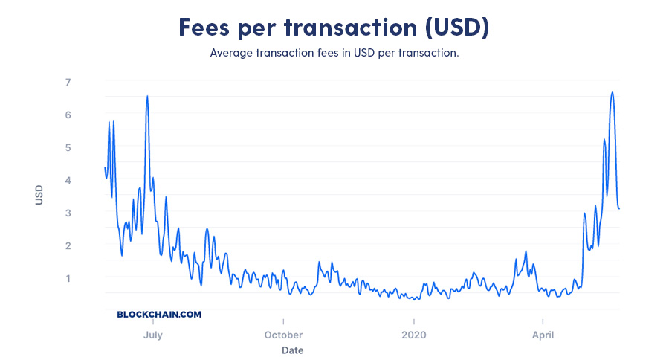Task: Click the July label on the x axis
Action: pyautogui.click(x=152, y=335)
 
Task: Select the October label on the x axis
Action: pyautogui.click(x=282, y=335)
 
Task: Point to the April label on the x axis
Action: pyautogui.click(x=543, y=335)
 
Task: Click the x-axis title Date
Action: pyautogui.click(x=292, y=350)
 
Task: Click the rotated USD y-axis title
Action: pyautogui.click(x=39, y=195)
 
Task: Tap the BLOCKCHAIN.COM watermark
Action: pyautogui.click(x=159, y=315)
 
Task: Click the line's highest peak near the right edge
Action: pyautogui.click(x=612, y=92)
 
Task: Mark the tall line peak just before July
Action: pyautogui.click(x=147, y=96)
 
